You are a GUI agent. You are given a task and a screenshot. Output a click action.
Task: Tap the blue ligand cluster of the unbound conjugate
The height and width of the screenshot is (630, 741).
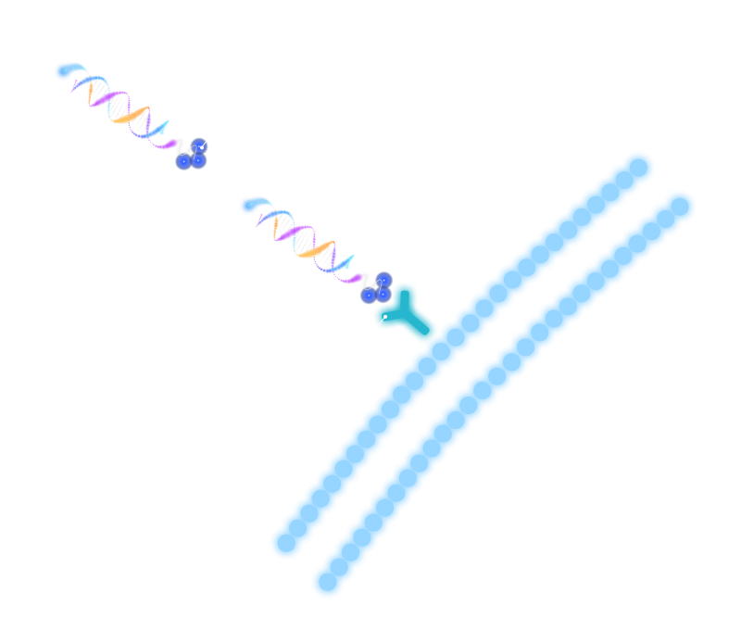tap(192, 157)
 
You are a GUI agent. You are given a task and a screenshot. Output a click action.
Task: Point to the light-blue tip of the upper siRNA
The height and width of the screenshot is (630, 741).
tap(67, 70)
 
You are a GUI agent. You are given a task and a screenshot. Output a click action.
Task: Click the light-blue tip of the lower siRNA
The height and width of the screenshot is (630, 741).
tap(250, 206)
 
